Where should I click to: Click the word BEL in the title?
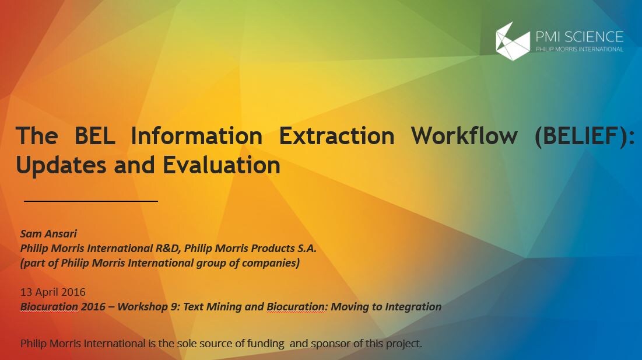(94, 135)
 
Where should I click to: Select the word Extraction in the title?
(336, 135)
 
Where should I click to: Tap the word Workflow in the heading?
(464, 135)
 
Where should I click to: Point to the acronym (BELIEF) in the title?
(585, 136)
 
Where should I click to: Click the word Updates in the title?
(61, 166)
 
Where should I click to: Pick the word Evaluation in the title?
(222, 165)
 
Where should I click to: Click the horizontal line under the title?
(91, 201)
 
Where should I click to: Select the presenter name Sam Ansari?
(48, 233)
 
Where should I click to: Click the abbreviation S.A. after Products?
(307, 248)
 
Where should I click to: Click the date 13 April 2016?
(53, 292)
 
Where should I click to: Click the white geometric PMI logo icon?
(513, 41)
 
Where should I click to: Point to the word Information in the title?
(197, 135)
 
